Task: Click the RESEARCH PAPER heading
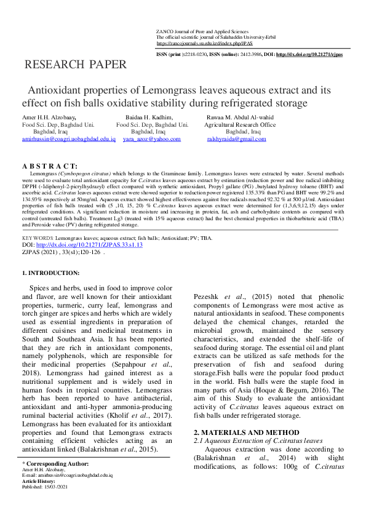click(76, 64)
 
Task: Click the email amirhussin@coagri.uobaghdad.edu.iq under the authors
click(69, 140)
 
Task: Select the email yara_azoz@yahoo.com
click(148, 140)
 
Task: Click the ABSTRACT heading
click(50, 167)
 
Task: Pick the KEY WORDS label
click(38, 237)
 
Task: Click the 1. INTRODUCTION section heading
click(50, 273)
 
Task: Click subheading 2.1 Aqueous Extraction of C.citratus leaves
click(258, 440)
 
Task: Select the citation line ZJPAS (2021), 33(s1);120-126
click(62, 252)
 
